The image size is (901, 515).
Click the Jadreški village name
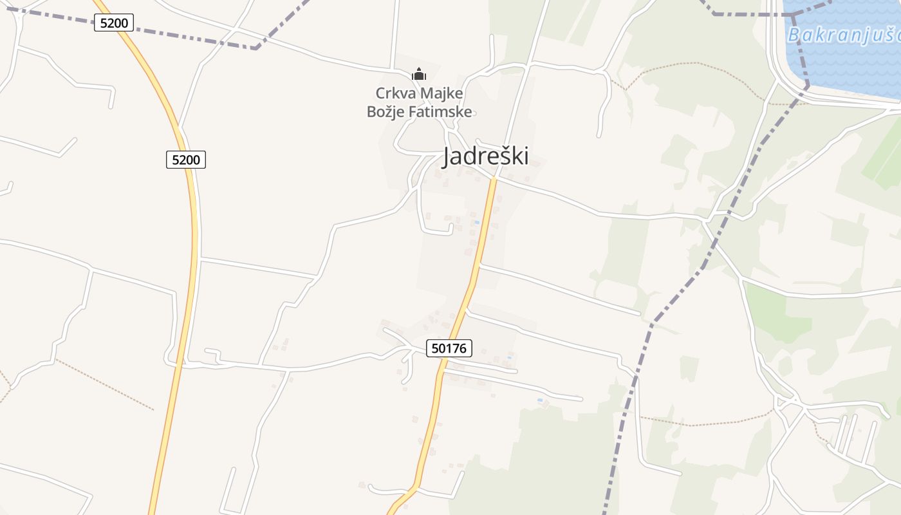coord(486,156)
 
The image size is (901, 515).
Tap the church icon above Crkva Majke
coord(419,74)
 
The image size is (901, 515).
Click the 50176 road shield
coord(449,348)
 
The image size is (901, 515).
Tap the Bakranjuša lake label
coord(843,35)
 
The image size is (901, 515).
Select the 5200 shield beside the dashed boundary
coord(114,23)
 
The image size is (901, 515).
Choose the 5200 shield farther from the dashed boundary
coord(186,159)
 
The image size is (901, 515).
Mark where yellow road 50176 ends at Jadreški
coord(494,178)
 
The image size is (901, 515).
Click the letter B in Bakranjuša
coord(794,35)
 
